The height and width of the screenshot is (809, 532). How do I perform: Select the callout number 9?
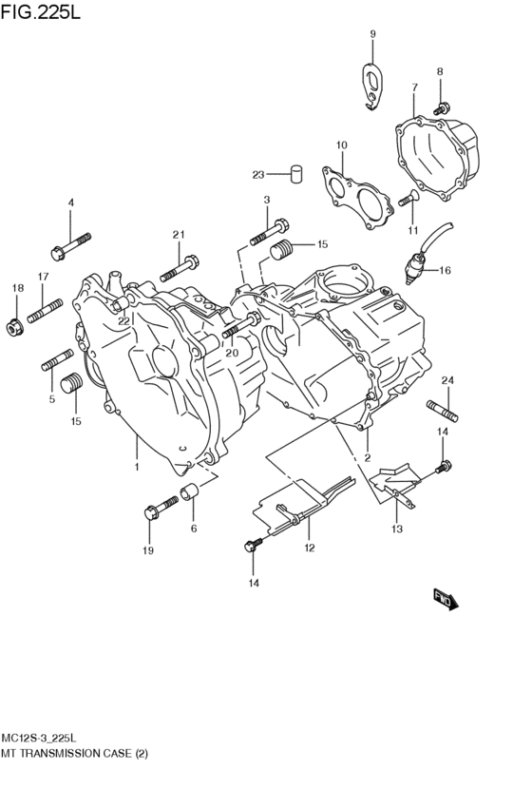pos(372,34)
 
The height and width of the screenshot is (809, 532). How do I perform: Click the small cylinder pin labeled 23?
pos(295,174)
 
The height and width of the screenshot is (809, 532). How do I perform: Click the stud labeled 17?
pos(45,311)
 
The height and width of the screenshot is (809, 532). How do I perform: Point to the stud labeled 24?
pos(446,412)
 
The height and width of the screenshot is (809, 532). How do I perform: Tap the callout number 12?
pos(309,548)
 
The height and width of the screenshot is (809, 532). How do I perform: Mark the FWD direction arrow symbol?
pos(446,598)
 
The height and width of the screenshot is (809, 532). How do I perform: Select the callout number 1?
pos(136,467)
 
